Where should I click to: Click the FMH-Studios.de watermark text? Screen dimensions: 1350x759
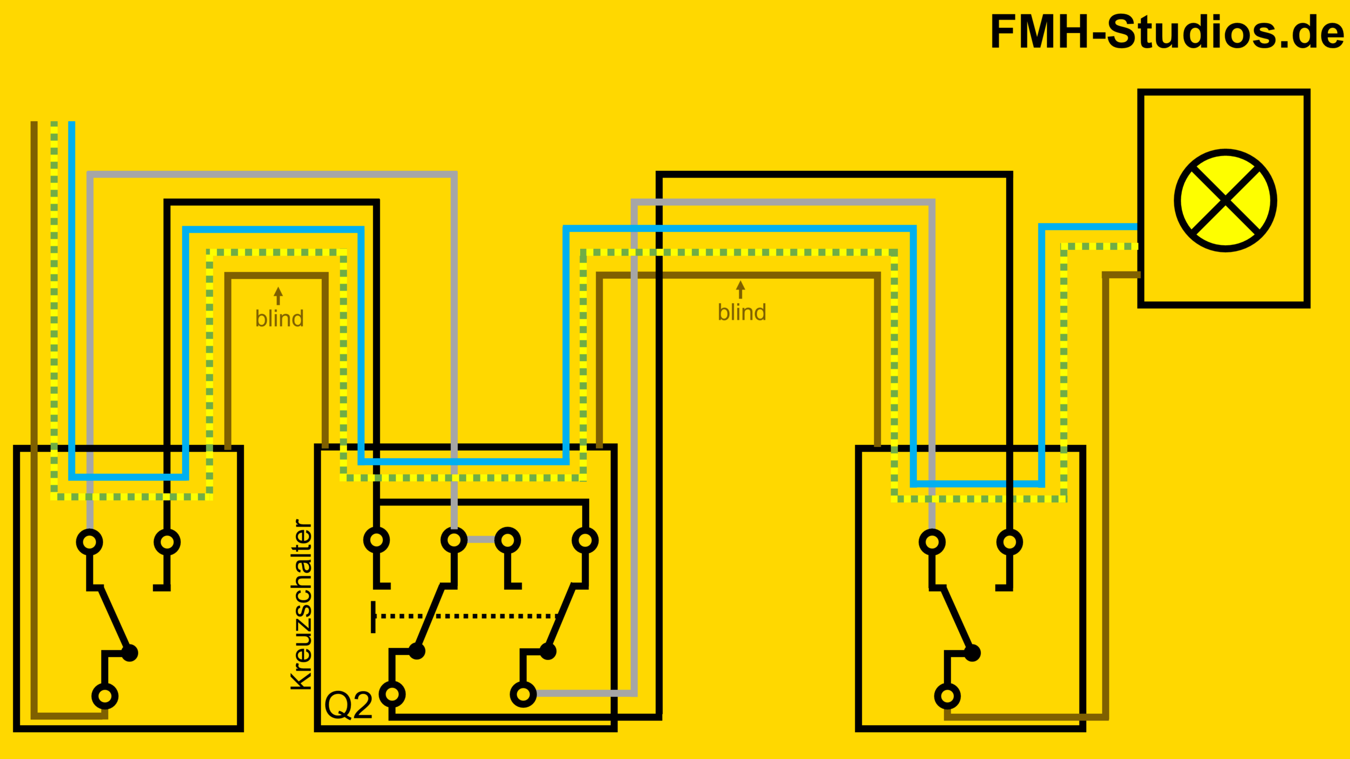[1167, 32]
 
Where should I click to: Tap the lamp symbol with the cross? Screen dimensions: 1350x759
[1225, 200]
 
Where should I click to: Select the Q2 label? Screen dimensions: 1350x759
[349, 706]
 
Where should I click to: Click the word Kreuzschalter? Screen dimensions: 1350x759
[302, 605]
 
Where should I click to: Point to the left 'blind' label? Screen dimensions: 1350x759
[279, 319]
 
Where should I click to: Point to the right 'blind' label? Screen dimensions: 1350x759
[742, 313]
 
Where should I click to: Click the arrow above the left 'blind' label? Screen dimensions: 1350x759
[278, 296]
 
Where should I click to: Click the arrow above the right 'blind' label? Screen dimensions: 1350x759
[740, 289]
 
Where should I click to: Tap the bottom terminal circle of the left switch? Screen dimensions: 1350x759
[105, 696]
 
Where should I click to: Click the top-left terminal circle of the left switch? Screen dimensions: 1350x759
[90, 542]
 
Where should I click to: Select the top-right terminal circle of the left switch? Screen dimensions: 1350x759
[167, 542]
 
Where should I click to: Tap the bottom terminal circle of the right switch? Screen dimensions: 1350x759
[947, 696]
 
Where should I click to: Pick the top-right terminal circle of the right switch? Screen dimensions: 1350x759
[1009, 542]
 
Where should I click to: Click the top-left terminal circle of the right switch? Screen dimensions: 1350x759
[932, 542]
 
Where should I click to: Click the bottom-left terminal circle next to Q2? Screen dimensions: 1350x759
[392, 694]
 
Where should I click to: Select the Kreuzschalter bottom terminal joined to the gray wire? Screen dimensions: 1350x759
[523, 694]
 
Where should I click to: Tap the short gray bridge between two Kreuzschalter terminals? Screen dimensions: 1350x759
[481, 539]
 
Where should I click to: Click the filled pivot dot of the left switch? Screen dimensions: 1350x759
[130, 653]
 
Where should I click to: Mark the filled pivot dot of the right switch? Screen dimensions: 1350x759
[972, 653]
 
